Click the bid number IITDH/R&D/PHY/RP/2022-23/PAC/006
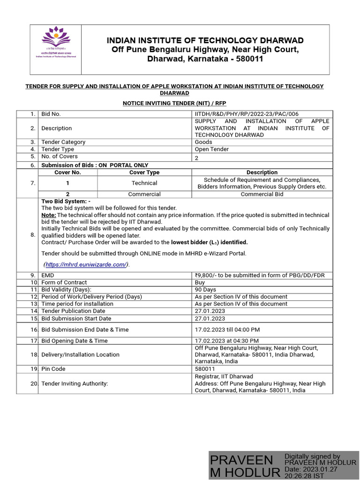[x=246, y=114]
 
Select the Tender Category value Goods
[x=203, y=142]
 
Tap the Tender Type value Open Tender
[x=212, y=149]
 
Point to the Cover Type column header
[x=144, y=172]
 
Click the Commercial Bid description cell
[x=262, y=194]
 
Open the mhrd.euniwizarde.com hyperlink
[x=86, y=264]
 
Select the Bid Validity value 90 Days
[x=205, y=290]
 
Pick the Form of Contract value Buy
[x=200, y=282]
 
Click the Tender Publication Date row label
[x=73, y=311]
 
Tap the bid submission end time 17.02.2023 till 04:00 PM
[x=227, y=330]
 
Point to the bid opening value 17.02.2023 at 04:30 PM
[x=227, y=341]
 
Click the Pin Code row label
[x=53, y=369]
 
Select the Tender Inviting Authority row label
[x=75, y=383]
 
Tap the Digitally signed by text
[x=312, y=456]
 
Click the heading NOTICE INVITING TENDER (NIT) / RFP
[x=174, y=103]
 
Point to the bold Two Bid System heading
[x=66, y=201]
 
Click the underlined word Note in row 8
[x=48, y=215]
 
